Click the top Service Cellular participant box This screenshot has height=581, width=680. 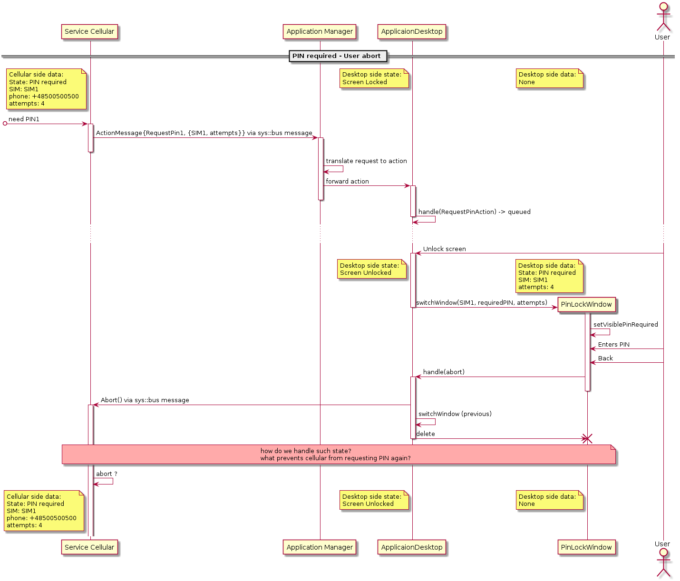point(89,32)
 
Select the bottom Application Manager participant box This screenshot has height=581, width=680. point(320,547)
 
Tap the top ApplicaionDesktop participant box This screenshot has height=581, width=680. point(412,32)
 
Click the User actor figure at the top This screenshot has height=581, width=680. point(662,21)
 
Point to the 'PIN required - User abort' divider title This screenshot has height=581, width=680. point(337,56)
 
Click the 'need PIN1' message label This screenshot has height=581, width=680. point(24,119)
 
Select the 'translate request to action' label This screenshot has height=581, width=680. point(366,161)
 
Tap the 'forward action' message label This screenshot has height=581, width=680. point(347,182)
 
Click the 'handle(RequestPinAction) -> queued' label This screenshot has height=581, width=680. point(474,212)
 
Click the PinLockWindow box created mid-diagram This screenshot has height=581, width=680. point(586,305)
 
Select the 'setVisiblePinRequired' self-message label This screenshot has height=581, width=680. point(625,325)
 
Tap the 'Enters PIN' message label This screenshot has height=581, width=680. point(613,345)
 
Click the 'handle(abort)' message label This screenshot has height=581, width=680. point(444,372)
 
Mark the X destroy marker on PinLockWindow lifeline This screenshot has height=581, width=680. point(587,439)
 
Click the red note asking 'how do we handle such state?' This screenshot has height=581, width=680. point(339,455)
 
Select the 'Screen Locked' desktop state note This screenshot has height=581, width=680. point(374,78)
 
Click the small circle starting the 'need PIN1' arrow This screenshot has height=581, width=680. point(5,124)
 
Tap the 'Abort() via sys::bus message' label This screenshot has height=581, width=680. point(145,400)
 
